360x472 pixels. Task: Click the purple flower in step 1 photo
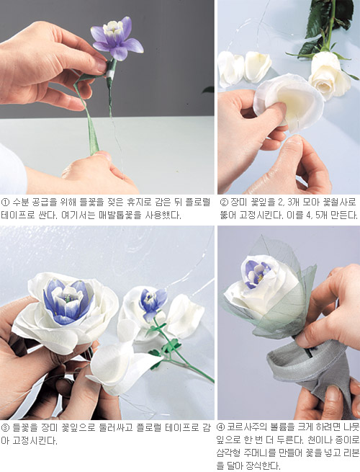(x=117, y=38)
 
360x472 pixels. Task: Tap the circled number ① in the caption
(x=5, y=202)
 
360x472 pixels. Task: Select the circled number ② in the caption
(x=224, y=202)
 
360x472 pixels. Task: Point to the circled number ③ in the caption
(x=5, y=428)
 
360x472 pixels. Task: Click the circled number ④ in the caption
(x=221, y=427)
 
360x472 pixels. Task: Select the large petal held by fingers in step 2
(x=289, y=102)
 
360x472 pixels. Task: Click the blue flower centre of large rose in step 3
(x=68, y=302)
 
